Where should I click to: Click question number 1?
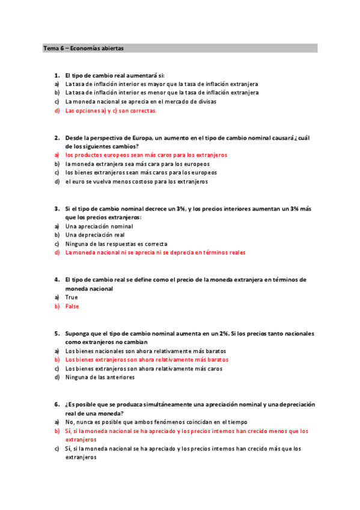[x=56, y=75]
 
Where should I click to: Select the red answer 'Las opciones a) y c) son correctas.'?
[x=111, y=111]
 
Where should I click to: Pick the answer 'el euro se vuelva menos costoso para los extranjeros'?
[x=136, y=182]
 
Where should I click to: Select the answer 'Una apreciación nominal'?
[x=99, y=226]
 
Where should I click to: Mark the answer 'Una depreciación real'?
[x=95, y=235]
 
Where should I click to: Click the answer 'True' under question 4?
[x=72, y=297]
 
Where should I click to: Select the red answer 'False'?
[x=72, y=306]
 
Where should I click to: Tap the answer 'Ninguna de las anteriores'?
[x=100, y=377]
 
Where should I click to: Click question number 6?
[x=56, y=405]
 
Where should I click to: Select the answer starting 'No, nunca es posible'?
[x=156, y=422]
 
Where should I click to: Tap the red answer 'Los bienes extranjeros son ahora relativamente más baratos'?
[x=147, y=360]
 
